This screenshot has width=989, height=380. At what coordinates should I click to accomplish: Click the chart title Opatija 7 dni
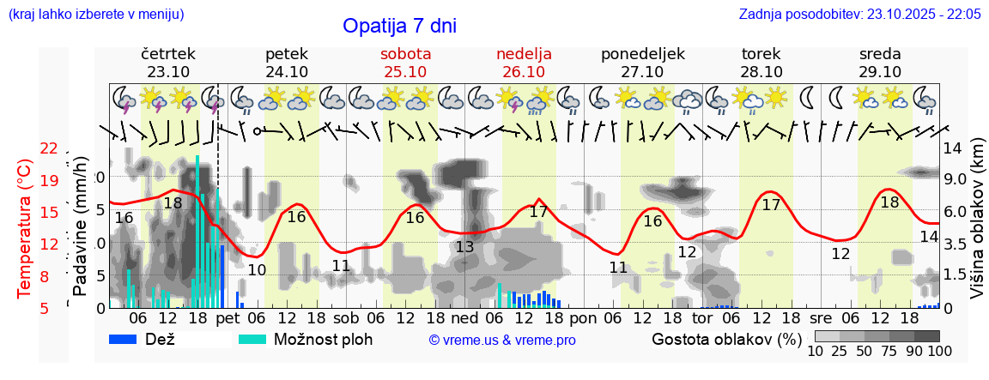coord(399,26)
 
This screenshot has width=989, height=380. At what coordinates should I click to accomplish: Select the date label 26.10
coord(524,72)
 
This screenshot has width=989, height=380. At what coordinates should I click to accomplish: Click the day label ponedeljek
coord(643,54)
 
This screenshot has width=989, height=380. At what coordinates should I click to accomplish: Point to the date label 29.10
coord(880,72)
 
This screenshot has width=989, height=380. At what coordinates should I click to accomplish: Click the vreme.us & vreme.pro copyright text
coord(502,341)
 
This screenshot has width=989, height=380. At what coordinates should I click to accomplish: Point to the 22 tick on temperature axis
coord(49,148)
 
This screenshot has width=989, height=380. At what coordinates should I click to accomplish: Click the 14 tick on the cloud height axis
coord(953,148)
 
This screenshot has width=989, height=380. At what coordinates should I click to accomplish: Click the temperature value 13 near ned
coord(464,247)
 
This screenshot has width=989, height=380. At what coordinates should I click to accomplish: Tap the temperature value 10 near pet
coord(256,270)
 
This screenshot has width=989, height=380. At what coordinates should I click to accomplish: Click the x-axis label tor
coord(702,317)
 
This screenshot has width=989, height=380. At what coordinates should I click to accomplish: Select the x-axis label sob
coord(346,317)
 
